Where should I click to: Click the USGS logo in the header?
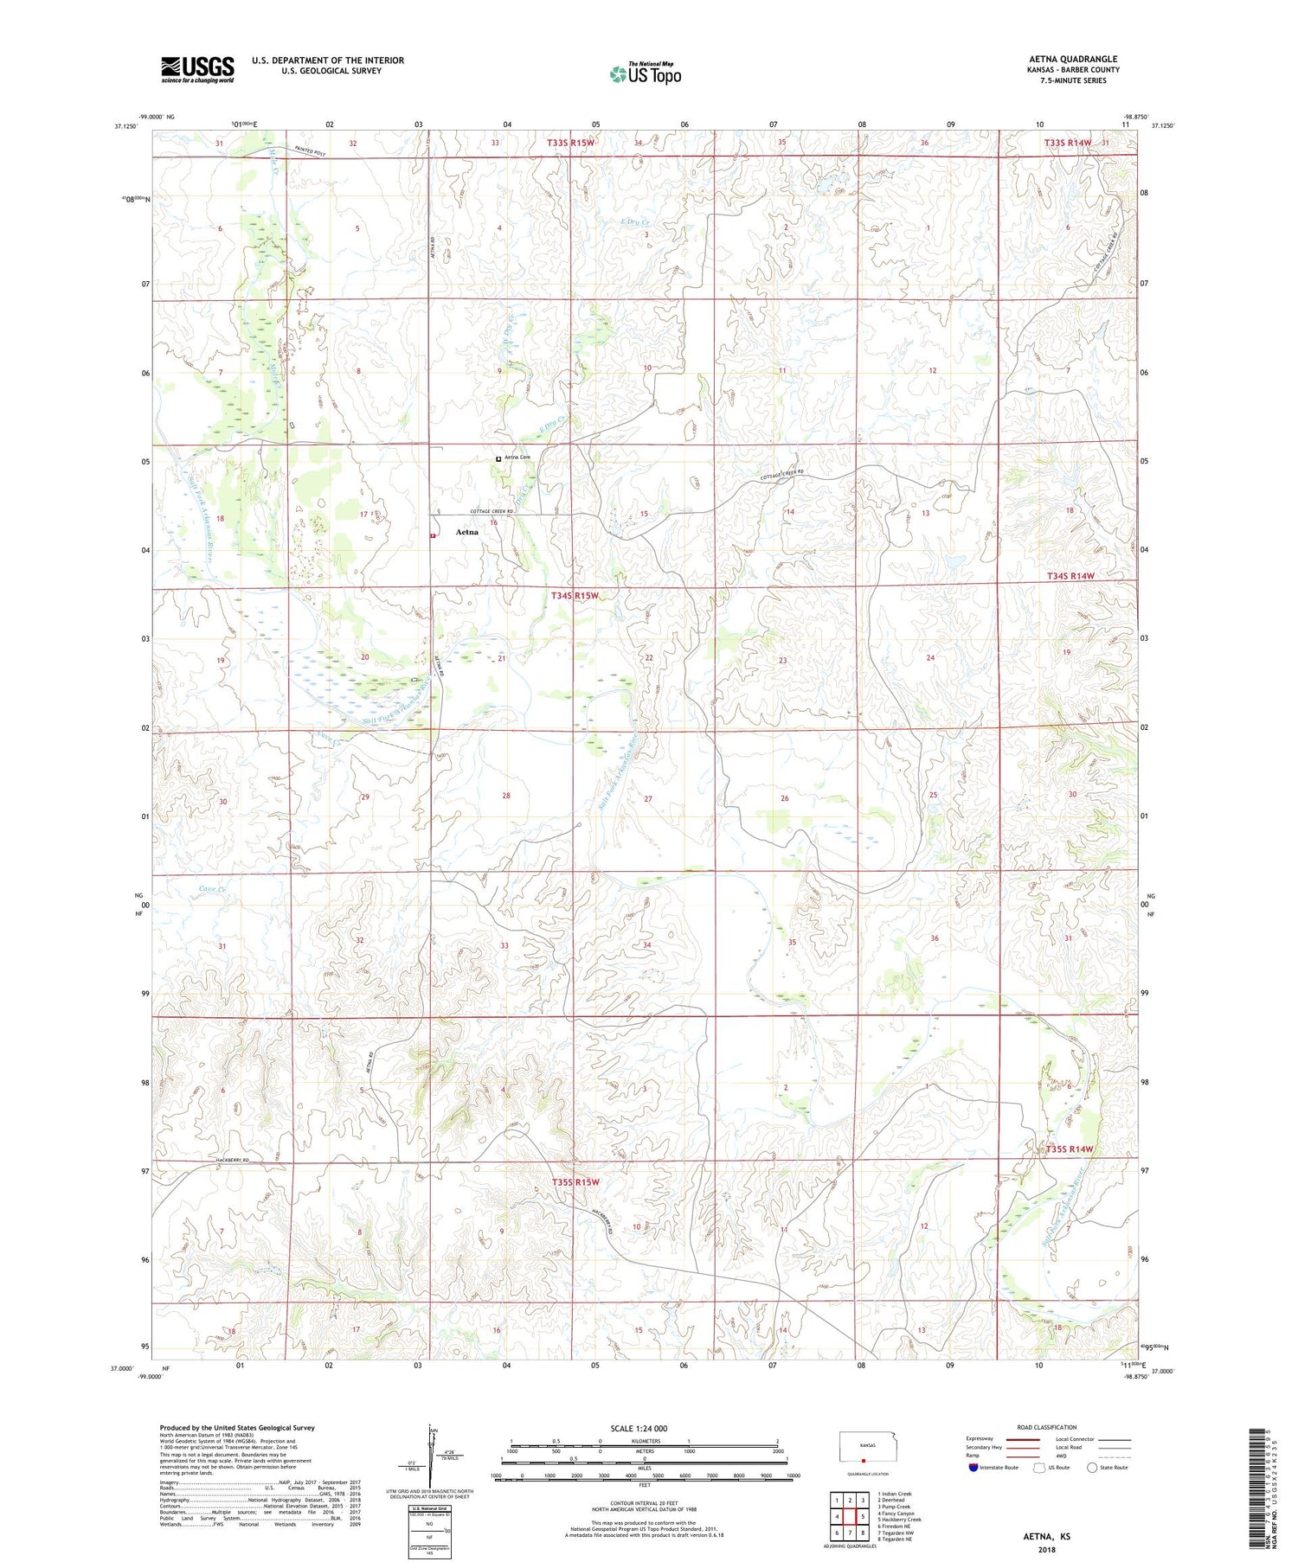pyautogui.click(x=197, y=69)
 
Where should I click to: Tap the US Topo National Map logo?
pyautogui.click(x=645, y=74)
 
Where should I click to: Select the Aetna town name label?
pyautogui.click(x=466, y=532)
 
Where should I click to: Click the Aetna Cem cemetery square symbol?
pyautogui.click(x=498, y=458)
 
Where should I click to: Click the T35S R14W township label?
pyautogui.click(x=1070, y=1149)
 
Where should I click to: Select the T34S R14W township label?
pyautogui.click(x=1070, y=575)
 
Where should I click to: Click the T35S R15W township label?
pyautogui.click(x=575, y=1181)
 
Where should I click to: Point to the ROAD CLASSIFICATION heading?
pyautogui.click(x=1047, y=1427)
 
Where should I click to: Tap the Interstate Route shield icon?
pyautogui.click(x=974, y=1468)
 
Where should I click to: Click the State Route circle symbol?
pyautogui.click(x=1093, y=1468)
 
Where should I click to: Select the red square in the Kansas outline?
pyautogui.click(x=863, y=1461)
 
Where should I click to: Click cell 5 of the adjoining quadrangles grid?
pyautogui.click(x=863, y=1516)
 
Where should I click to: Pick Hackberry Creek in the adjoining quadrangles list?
pyautogui.click(x=900, y=1520)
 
